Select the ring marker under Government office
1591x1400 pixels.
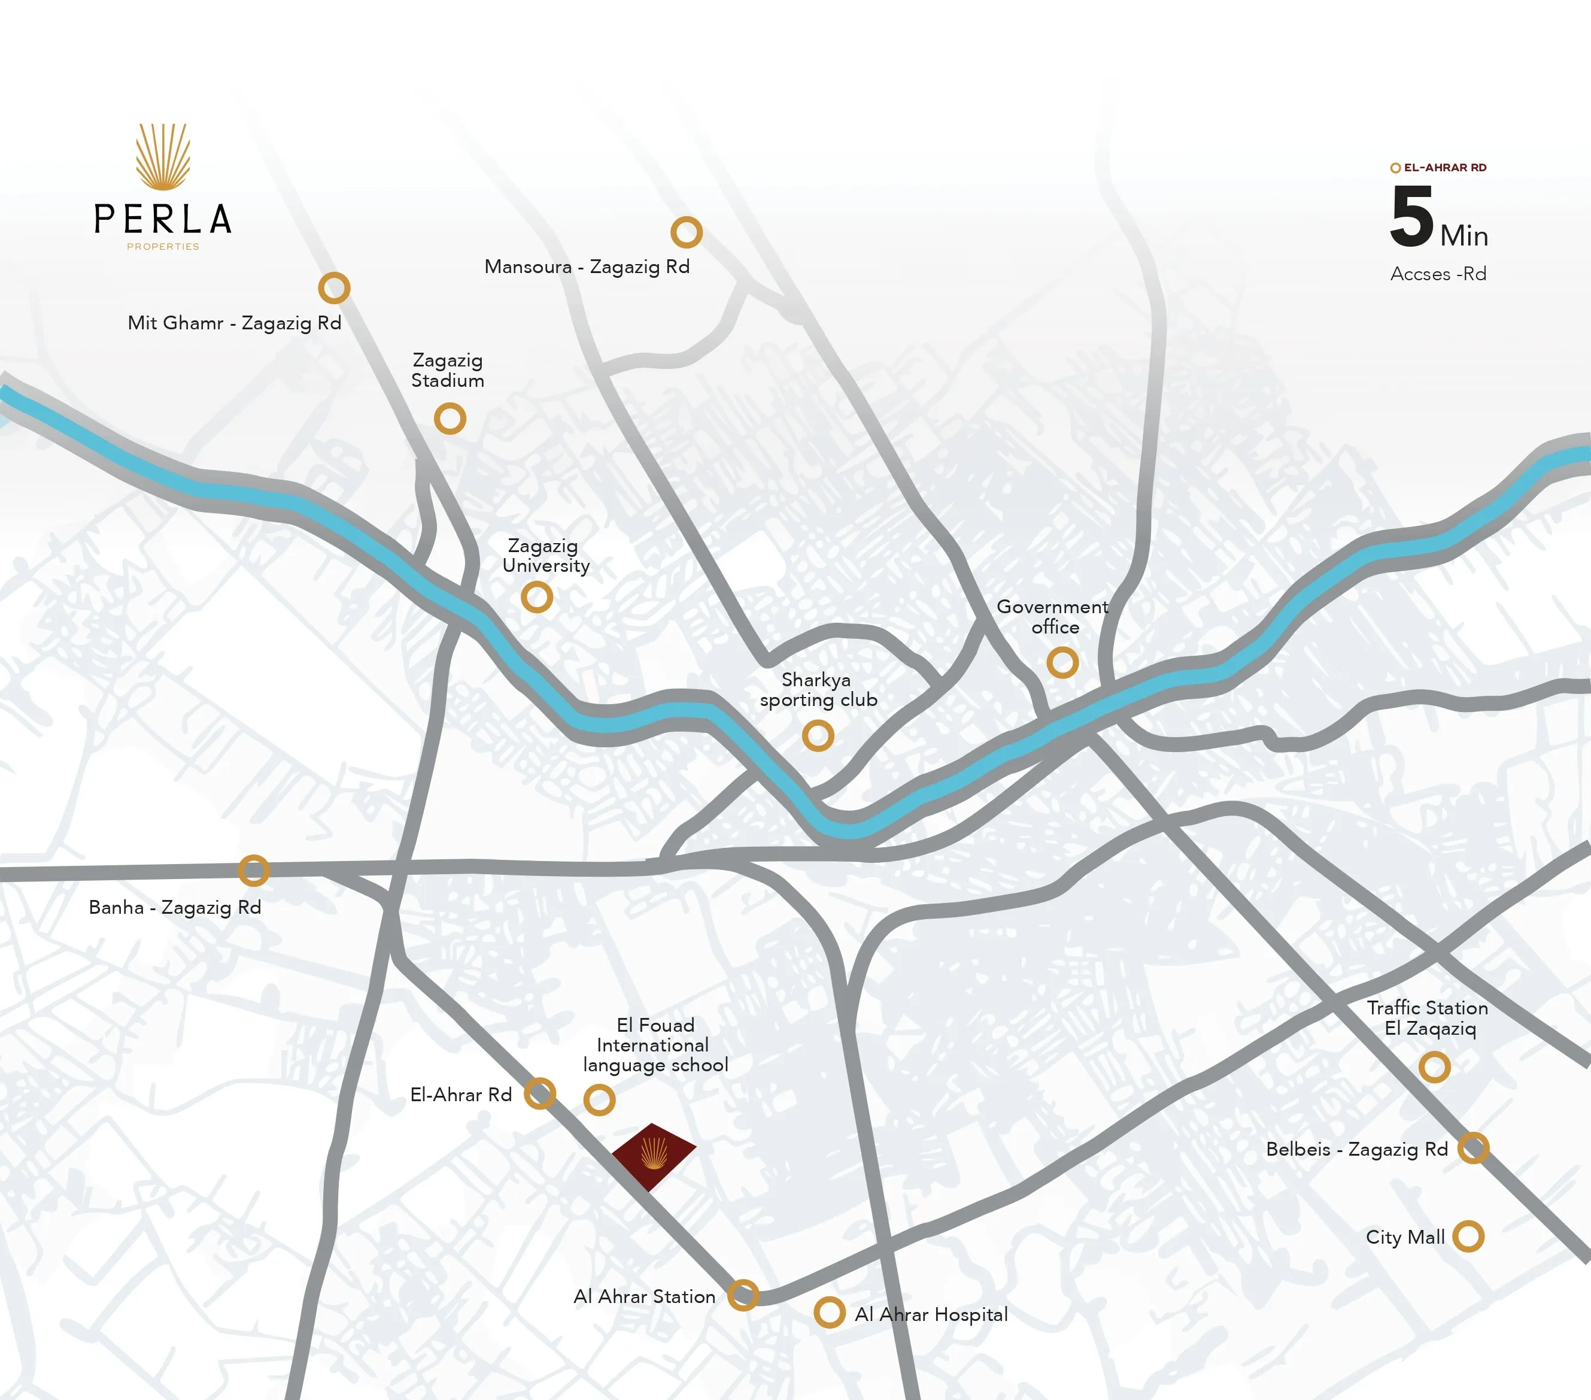(1062, 663)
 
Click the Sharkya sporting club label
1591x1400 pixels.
(818, 690)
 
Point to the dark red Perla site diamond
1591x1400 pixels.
(653, 1156)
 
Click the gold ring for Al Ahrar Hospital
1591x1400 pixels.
(830, 1312)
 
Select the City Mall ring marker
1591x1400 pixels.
(1468, 1236)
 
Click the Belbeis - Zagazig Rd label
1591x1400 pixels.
(1357, 1149)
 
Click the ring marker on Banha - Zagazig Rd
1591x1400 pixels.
(254, 871)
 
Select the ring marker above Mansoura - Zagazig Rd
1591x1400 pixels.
(687, 232)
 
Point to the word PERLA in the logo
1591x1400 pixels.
(163, 220)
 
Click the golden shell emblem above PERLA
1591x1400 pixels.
(163, 156)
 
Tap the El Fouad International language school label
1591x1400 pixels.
(655, 1045)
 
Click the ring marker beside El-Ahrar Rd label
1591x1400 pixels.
(539, 1093)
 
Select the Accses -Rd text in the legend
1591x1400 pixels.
(1438, 274)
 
